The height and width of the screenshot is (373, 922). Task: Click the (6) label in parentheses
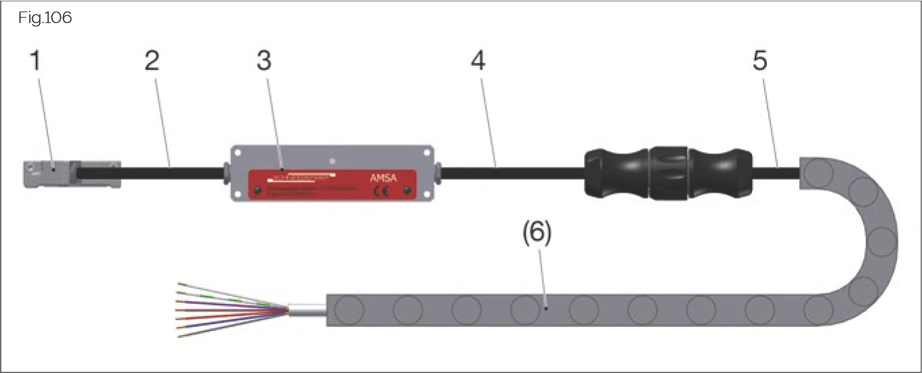[x=537, y=234]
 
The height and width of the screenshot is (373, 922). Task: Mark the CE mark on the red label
[x=381, y=191]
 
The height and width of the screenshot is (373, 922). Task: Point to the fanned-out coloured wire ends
[x=224, y=309]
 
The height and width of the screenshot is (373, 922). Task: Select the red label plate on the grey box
[x=332, y=184]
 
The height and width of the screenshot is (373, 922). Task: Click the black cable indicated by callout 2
[x=169, y=174]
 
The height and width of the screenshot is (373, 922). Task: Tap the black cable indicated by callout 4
[x=508, y=174]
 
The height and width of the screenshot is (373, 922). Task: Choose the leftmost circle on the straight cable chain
[x=350, y=310]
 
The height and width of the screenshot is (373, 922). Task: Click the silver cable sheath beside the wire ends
[x=308, y=309]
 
